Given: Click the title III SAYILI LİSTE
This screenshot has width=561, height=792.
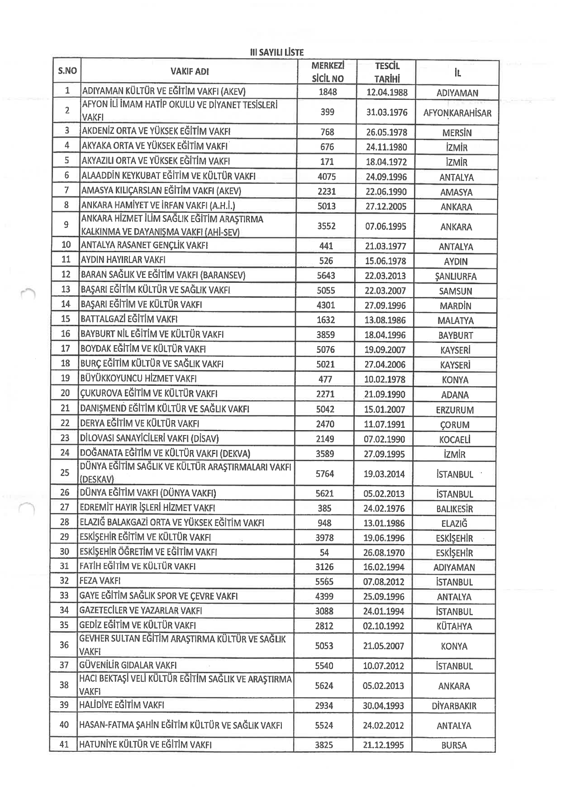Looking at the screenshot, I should [276, 52].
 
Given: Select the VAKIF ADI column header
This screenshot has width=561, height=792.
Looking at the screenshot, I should [190, 71].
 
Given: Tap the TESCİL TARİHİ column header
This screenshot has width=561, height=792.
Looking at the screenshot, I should [387, 72].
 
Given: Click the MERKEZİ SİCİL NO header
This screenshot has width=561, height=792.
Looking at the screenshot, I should [328, 72].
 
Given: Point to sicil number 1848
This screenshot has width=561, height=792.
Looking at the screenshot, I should [328, 92].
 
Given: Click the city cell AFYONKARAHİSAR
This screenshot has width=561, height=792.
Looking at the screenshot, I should [457, 113].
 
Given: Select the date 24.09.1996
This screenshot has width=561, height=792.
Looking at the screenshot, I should [386, 177].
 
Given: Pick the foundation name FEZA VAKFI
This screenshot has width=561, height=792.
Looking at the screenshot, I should [100, 581].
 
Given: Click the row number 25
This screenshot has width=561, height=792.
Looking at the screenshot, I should [65, 473].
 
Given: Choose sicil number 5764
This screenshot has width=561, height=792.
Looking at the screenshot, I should [325, 474].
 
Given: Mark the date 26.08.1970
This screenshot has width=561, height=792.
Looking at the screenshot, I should [384, 553].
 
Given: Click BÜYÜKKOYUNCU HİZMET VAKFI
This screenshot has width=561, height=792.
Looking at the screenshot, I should [138, 379].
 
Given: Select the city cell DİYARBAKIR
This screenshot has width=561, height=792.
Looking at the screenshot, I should [454, 706].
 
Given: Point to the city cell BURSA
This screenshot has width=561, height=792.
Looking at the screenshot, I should [454, 746].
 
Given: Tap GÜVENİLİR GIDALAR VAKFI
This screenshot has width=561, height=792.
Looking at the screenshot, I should [128, 665].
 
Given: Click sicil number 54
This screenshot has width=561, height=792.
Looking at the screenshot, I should [324, 553].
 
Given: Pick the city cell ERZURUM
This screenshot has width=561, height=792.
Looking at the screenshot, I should [456, 410].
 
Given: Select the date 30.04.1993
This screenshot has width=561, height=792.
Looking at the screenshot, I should [383, 706].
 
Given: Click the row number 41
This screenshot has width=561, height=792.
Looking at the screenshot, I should [64, 745].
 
